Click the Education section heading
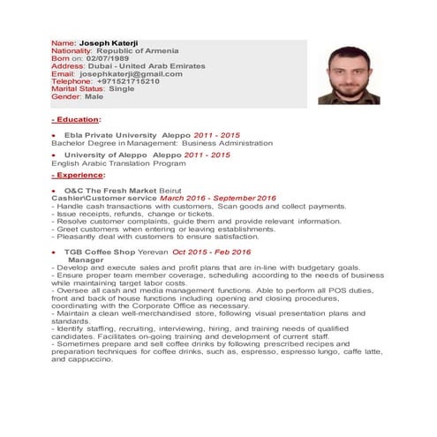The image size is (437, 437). click(77, 118)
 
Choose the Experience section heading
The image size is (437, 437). click(79, 175)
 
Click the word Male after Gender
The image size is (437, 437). click(94, 96)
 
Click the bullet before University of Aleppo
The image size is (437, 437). click(54, 155)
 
